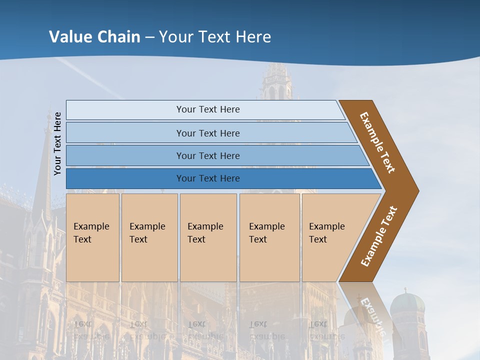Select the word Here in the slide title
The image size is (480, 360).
[x=253, y=36]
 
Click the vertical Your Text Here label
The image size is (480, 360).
[x=57, y=143]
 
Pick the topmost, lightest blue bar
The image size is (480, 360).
[x=207, y=109]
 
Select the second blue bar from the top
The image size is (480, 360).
[x=207, y=133]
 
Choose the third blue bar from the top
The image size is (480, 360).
[x=207, y=155]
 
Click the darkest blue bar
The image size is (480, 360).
[x=207, y=178]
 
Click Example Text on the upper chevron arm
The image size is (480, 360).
[x=377, y=142]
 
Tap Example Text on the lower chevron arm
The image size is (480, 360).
[x=378, y=236]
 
